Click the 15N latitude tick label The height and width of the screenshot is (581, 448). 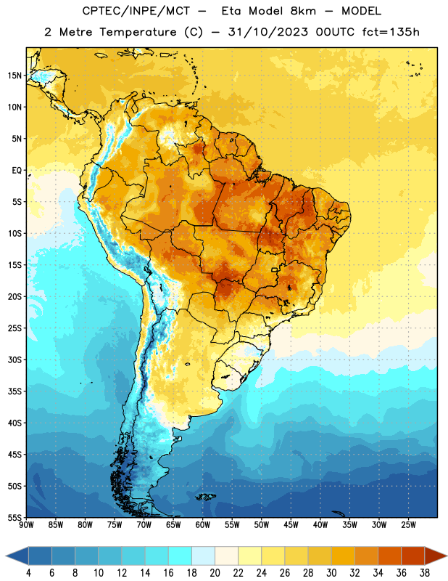[14, 76]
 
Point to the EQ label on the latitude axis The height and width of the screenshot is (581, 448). [17, 171]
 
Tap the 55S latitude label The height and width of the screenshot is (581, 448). [14, 517]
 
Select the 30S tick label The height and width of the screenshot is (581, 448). [14, 359]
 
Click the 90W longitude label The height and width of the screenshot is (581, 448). [27, 524]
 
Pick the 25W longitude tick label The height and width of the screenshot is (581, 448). [408, 524]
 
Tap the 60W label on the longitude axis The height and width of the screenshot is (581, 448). [203, 524]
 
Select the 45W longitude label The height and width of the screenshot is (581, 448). [291, 524]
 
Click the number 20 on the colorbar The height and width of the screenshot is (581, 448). [215, 573]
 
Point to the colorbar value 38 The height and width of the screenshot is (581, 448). [425, 573]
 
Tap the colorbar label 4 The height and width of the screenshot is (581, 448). [28, 573]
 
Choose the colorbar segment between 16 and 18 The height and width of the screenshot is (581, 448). [180, 556]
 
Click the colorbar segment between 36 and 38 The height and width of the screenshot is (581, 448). [413, 556]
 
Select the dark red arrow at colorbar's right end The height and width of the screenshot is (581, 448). [435, 556]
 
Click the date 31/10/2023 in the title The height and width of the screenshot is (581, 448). [267, 32]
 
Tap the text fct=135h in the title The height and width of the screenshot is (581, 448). [391, 32]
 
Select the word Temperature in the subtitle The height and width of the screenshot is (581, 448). [138, 33]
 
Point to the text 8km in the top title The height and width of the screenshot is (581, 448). [303, 11]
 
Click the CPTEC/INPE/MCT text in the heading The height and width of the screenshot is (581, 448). [136, 12]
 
